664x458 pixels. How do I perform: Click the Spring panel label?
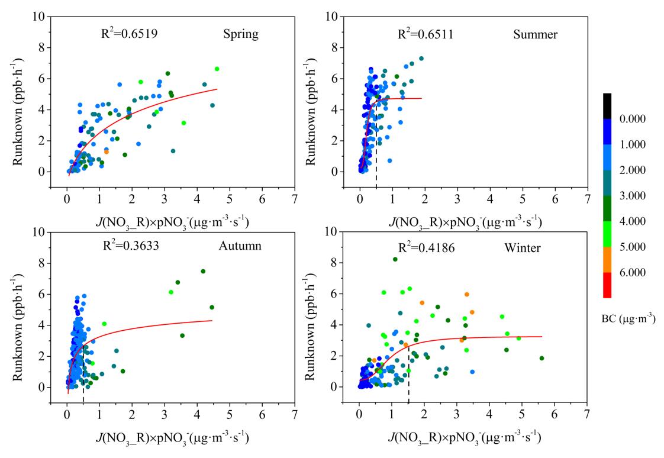(x=241, y=34)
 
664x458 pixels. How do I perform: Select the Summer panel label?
(x=535, y=34)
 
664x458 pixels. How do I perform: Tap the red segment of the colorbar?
(x=607, y=285)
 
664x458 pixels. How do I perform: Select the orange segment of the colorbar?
(x=607, y=260)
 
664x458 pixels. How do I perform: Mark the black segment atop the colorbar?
(x=607, y=106)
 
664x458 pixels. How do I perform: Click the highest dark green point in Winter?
(x=395, y=259)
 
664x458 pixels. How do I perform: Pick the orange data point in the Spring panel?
(x=107, y=152)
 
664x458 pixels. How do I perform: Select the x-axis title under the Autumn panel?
(x=172, y=438)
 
